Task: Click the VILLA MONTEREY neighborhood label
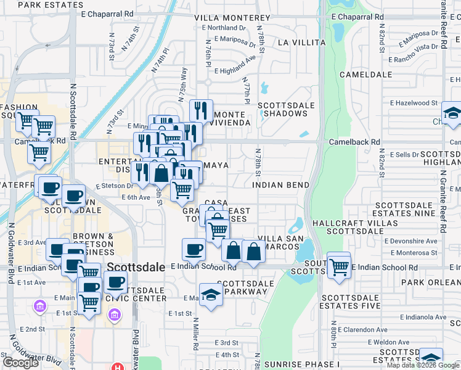(232, 18)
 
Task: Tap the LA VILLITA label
(301, 43)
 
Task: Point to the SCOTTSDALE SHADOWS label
(283, 109)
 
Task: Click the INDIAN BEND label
(280, 185)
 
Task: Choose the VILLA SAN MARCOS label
(280, 242)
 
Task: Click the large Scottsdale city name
(136, 267)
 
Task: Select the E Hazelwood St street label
(413, 104)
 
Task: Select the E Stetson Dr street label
(114, 186)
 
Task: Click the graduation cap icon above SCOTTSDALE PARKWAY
(210, 294)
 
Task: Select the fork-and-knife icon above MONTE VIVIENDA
(201, 111)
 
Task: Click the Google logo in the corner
(21, 363)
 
